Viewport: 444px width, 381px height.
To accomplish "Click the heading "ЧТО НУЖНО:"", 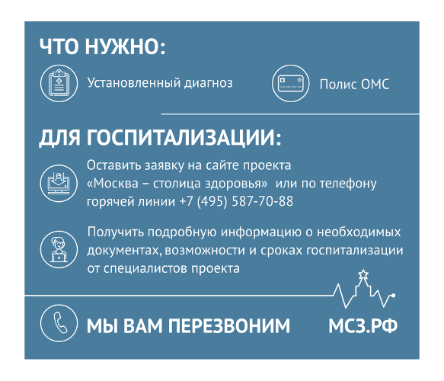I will pos(102,47).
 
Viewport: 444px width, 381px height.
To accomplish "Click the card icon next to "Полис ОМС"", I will pos(290,83).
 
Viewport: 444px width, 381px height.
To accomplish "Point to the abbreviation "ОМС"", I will pos(374,84).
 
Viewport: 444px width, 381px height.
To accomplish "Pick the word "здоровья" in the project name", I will pos(241,184).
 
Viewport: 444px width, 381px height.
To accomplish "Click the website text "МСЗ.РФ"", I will pos(363,326).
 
